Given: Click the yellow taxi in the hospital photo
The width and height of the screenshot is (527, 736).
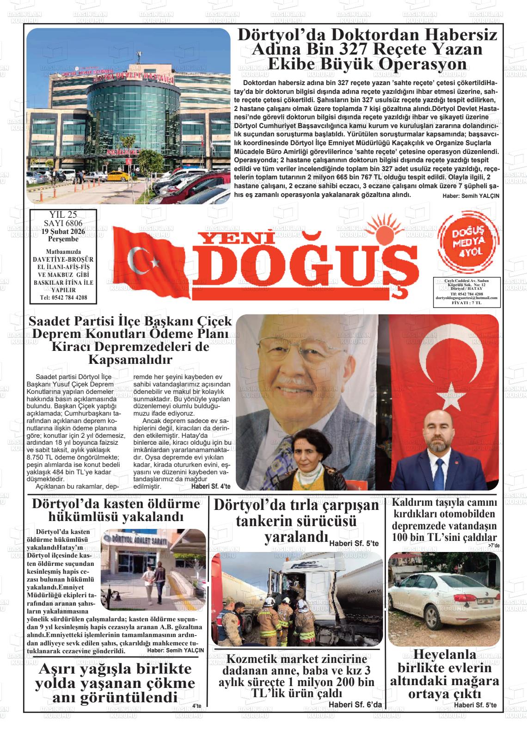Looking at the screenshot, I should click(114, 177).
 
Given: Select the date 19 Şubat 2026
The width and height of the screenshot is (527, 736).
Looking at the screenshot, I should click(63, 232).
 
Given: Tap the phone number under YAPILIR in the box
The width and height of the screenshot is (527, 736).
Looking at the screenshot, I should click(63, 297).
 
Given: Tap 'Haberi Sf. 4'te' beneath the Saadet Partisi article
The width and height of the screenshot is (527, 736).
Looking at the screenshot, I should click(210, 486).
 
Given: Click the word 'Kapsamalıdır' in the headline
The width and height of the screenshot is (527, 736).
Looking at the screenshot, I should click(130, 359).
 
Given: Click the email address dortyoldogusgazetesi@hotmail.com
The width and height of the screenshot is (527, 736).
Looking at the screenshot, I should click(466, 298).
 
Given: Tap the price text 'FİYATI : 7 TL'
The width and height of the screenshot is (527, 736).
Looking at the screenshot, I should click(466, 302).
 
